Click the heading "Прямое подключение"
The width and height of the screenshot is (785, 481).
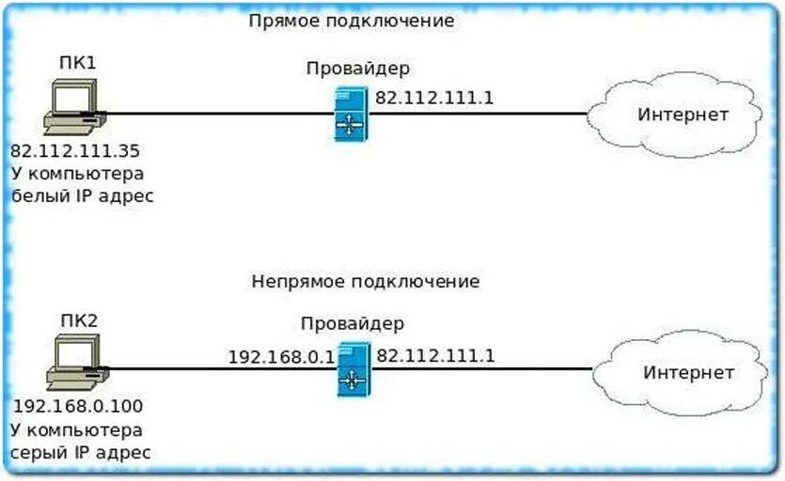point(352,20)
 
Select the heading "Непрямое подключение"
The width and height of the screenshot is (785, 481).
point(366,281)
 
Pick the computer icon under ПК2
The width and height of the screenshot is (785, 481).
point(76,365)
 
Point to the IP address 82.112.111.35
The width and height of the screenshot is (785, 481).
point(74,150)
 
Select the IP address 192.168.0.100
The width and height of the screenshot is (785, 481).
point(80,407)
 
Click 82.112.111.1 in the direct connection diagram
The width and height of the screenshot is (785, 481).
point(434,97)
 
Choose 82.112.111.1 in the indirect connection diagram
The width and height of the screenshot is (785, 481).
point(435,356)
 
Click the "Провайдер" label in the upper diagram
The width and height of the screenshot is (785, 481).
point(358,69)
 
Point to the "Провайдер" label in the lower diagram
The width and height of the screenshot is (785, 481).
point(353,324)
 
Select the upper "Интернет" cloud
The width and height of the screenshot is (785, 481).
point(683,116)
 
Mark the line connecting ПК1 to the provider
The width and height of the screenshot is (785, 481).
point(216,114)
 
